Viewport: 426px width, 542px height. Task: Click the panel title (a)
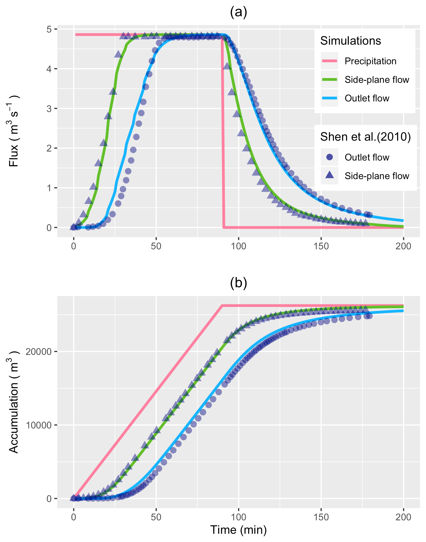tap(238, 12)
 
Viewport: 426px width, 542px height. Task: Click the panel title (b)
tap(238, 283)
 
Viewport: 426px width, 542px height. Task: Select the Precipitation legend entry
tap(370, 61)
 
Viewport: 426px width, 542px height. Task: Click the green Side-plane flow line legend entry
tap(376, 80)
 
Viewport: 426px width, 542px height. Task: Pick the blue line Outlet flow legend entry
tap(367, 98)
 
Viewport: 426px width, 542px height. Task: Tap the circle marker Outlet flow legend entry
tap(367, 157)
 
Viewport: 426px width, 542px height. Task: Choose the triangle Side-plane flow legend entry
tap(376, 176)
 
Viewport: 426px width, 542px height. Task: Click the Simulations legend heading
tap(350, 41)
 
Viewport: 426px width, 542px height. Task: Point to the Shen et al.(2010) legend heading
tap(365, 137)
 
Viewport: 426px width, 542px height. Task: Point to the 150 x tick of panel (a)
tap(321, 246)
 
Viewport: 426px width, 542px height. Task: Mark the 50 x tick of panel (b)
tap(156, 517)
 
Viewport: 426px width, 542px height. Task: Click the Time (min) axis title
tap(238, 530)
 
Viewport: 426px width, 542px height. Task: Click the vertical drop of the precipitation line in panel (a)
tap(223, 129)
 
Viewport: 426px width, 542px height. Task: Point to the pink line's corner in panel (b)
tap(222, 306)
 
